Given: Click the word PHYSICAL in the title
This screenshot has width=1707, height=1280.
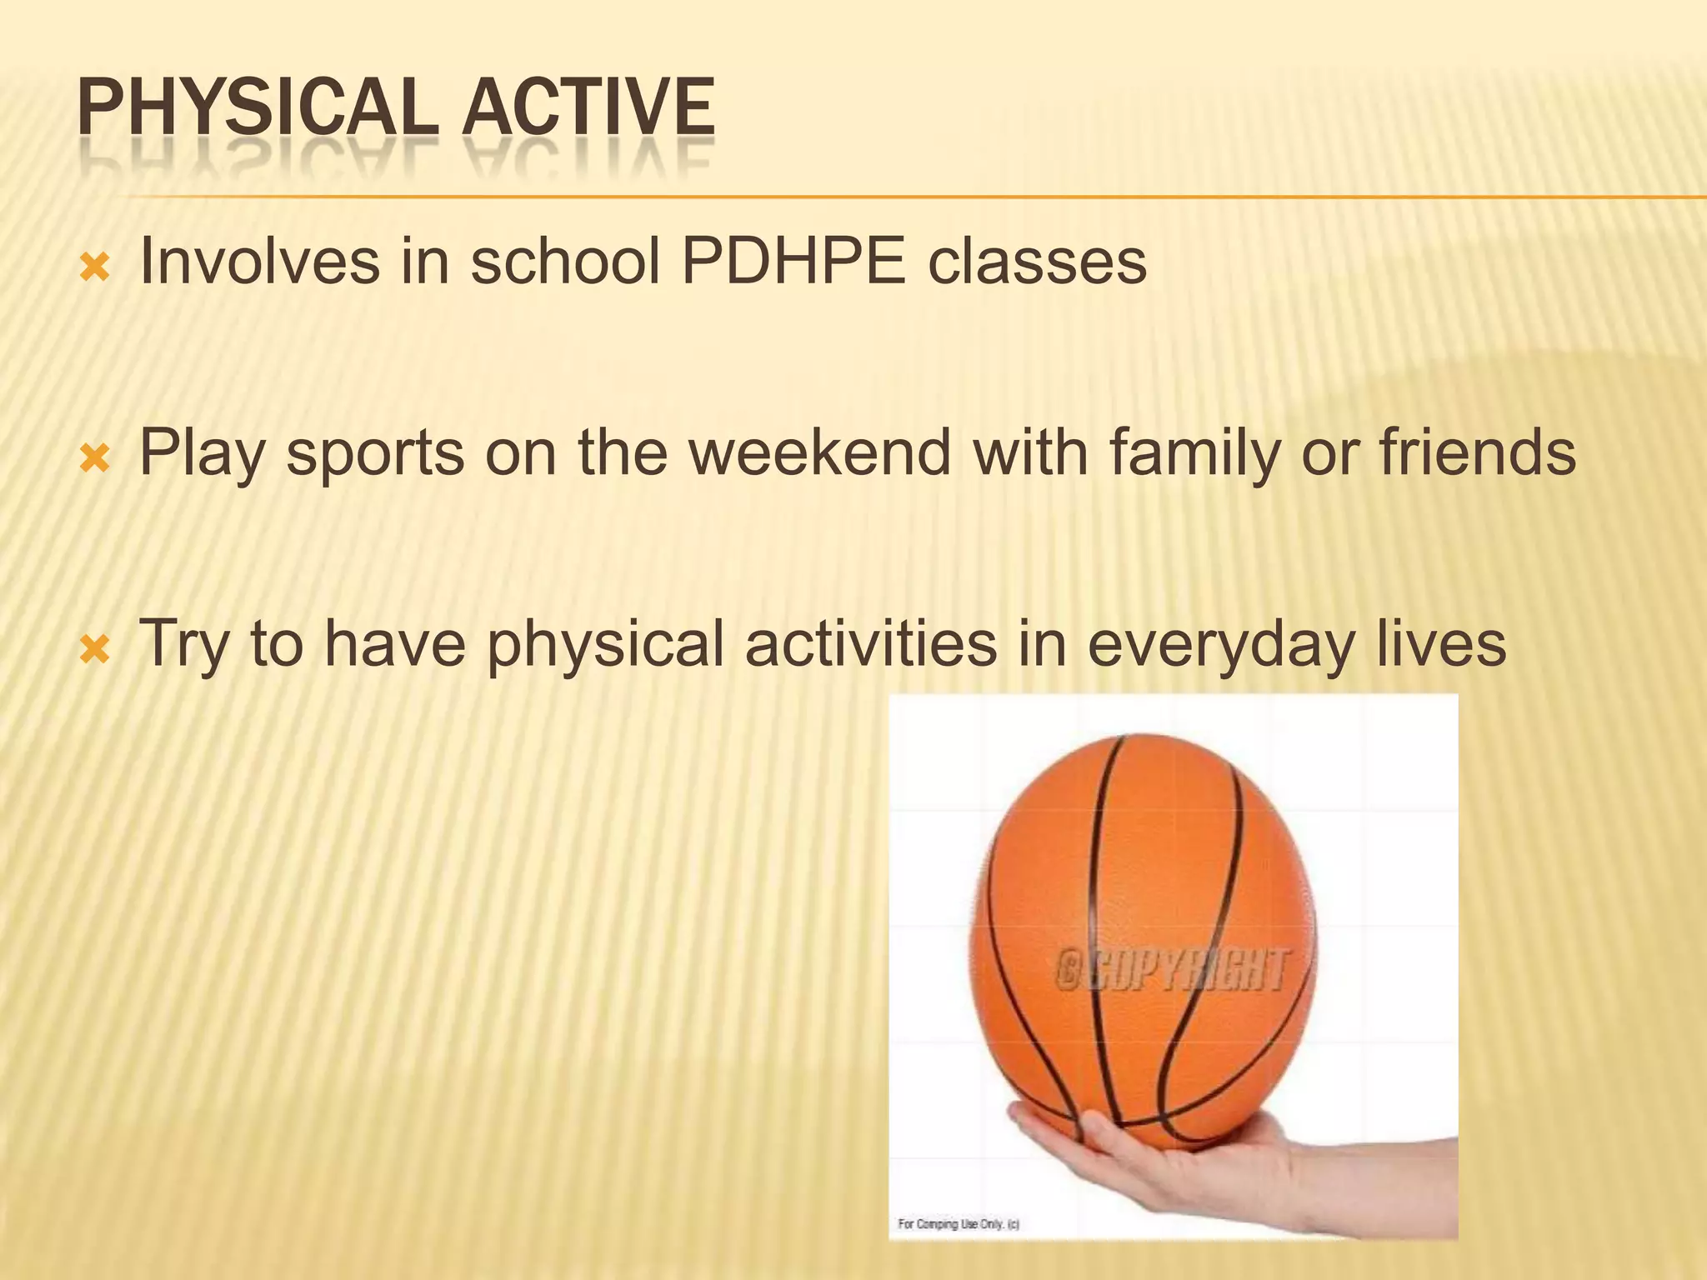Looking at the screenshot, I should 257,108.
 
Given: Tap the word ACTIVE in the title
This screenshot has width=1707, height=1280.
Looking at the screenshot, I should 588,108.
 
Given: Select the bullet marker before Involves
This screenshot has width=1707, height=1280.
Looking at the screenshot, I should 94,268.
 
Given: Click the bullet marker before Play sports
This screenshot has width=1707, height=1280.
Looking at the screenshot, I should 94,458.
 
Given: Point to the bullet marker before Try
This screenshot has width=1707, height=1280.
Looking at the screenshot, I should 94,649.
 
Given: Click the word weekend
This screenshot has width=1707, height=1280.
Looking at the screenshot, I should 820,453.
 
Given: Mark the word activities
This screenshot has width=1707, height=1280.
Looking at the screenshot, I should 870,644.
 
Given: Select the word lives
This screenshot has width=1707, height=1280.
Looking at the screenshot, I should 1440,644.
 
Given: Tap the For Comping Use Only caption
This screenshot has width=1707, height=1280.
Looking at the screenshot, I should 958,1224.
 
